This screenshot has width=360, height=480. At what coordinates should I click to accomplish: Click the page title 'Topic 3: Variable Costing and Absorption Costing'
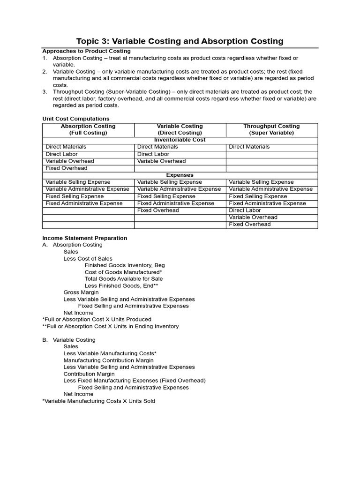(180, 41)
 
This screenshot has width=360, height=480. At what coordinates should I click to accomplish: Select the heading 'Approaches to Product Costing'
(86, 51)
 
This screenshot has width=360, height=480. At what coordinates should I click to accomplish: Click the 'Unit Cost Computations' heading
(75, 119)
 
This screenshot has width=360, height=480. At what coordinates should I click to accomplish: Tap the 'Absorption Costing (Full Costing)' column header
(88, 129)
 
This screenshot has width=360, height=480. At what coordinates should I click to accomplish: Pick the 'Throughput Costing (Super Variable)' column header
(271, 129)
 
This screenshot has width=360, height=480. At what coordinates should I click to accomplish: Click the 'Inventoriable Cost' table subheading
(180, 140)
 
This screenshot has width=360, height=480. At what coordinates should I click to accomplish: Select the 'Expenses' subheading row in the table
(180, 175)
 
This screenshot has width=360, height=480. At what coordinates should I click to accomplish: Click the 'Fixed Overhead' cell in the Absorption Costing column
(67, 168)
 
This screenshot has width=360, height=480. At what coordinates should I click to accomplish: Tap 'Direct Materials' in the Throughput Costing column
(249, 147)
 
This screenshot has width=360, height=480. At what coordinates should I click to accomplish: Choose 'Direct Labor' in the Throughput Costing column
(245, 210)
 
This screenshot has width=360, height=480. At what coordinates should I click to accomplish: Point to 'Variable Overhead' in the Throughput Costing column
(253, 217)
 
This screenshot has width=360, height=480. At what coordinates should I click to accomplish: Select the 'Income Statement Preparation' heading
(84, 238)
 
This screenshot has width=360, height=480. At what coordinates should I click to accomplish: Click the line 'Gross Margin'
(81, 292)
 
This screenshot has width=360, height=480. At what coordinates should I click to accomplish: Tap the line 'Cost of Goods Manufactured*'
(123, 272)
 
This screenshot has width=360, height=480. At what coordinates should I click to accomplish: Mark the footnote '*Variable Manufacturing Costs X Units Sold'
(98, 401)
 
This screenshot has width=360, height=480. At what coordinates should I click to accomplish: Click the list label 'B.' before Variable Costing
(45, 340)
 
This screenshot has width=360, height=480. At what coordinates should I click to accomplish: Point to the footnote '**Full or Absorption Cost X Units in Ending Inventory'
(110, 326)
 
